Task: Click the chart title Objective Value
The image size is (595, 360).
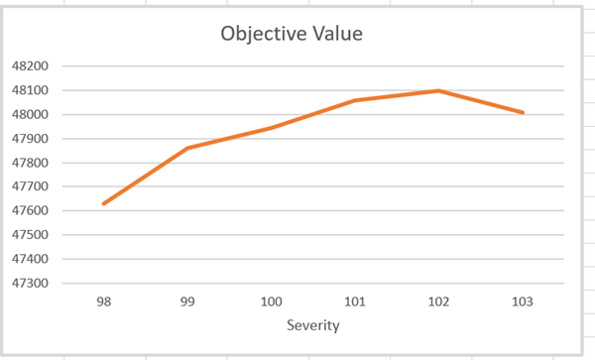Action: [x=292, y=34]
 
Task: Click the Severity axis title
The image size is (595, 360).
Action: [x=313, y=325]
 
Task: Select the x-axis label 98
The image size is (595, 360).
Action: [x=104, y=300]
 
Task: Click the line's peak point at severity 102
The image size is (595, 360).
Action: [x=438, y=90]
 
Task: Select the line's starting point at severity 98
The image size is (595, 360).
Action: [x=104, y=203]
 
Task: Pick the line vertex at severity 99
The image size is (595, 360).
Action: [x=187, y=148]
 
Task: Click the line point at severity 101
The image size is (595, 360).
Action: [x=355, y=100]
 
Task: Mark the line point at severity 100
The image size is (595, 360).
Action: [x=272, y=128]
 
